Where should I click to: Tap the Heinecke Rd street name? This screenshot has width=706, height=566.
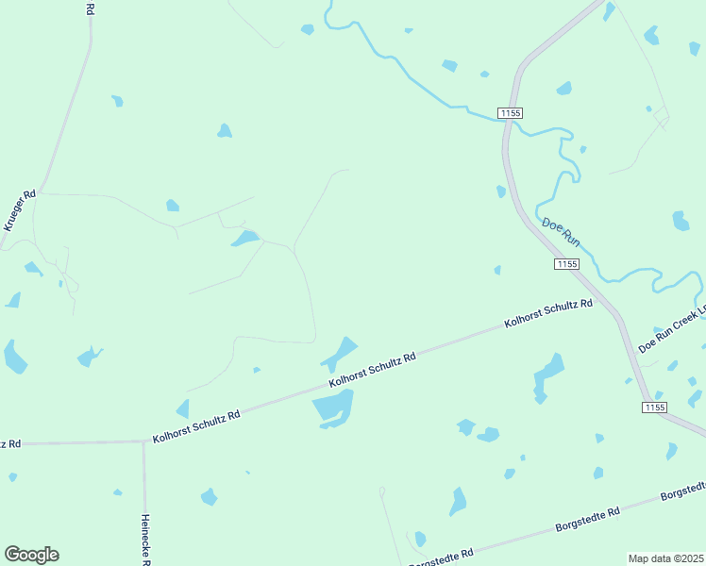point(145,539)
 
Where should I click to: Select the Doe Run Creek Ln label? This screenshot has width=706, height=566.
point(674,329)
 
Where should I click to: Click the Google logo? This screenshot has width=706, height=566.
point(31,555)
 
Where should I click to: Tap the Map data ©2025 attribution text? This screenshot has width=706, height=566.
point(665,558)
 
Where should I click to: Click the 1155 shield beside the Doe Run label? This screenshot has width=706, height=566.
point(566,264)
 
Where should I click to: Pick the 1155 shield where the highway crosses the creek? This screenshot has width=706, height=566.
point(511,113)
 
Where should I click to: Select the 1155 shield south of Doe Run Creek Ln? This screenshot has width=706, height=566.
point(655,407)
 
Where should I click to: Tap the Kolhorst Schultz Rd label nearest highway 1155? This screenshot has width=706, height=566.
point(548,313)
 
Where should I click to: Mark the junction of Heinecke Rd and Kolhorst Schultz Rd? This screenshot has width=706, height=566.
point(143,441)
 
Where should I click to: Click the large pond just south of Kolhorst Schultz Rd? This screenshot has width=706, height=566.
point(332,407)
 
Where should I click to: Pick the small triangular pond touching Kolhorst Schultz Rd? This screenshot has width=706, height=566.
point(182,409)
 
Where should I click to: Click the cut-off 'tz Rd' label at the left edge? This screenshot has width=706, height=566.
point(9,443)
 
